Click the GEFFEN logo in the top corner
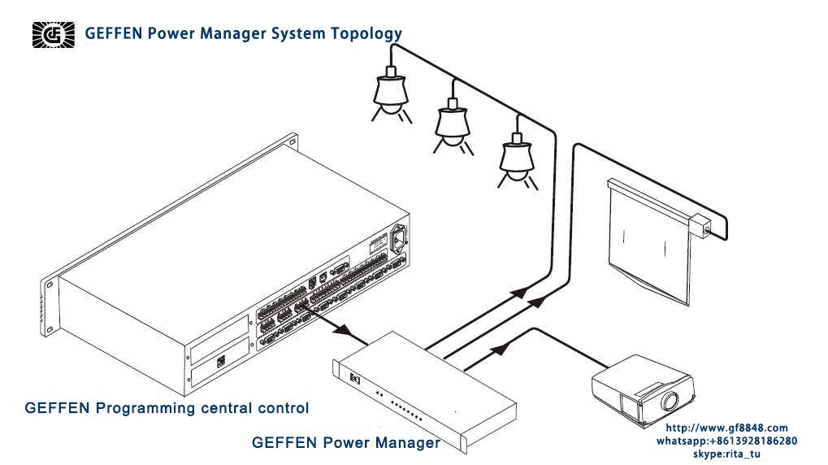click(54, 35)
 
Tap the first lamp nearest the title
click(392, 94)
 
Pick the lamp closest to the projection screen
click(518, 159)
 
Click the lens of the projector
click(670, 401)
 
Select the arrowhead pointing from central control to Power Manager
click(343, 330)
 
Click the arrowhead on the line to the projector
click(501, 348)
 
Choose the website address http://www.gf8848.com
click(726, 428)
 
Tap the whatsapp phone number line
click(726, 441)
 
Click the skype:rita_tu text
click(726, 454)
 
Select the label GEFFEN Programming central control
click(167, 408)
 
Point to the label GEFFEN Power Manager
click(346, 442)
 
